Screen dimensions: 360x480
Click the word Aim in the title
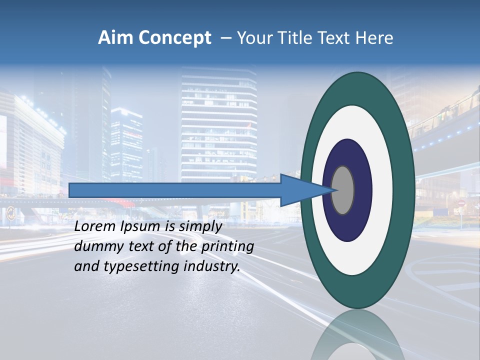(x=115, y=38)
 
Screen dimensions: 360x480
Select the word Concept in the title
(x=175, y=38)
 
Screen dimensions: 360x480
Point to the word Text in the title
(x=334, y=38)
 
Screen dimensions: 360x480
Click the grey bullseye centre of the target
(x=343, y=190)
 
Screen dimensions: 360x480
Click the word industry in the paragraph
(x=209, y=266)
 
